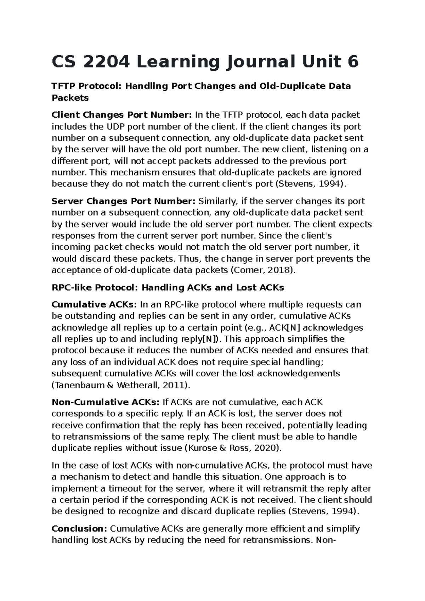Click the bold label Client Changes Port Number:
pyautogui.click(x=121, y=115)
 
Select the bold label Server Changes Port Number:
pyautogui.click(x=123, y=201)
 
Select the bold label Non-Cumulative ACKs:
pyautogui.click(x=106, y=402)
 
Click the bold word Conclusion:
pyautogui.click(x=79, y=529)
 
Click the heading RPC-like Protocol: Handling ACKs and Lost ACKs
pyautogui.click(x=168, y=287)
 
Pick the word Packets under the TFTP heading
pyautogui.click(x=70, y=98)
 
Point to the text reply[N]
pyautogui.click(x=201, y=339)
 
